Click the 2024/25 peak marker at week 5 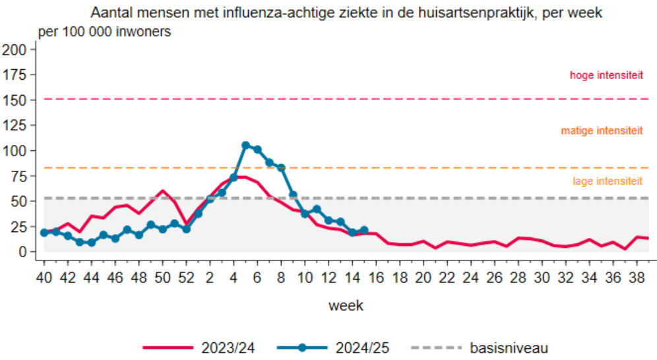tap(245, 145)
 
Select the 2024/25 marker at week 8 tap(281, 167)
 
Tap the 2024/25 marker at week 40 tap(44, 233)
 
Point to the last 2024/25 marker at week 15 tap(364, 230)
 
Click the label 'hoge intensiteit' tap(606, 76)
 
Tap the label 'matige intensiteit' tap(602, 131)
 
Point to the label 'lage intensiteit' tap(608, 181)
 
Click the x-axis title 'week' tap(346, 306)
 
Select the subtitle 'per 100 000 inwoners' tap(105, 32)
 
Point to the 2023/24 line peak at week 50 tap(163, 191)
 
